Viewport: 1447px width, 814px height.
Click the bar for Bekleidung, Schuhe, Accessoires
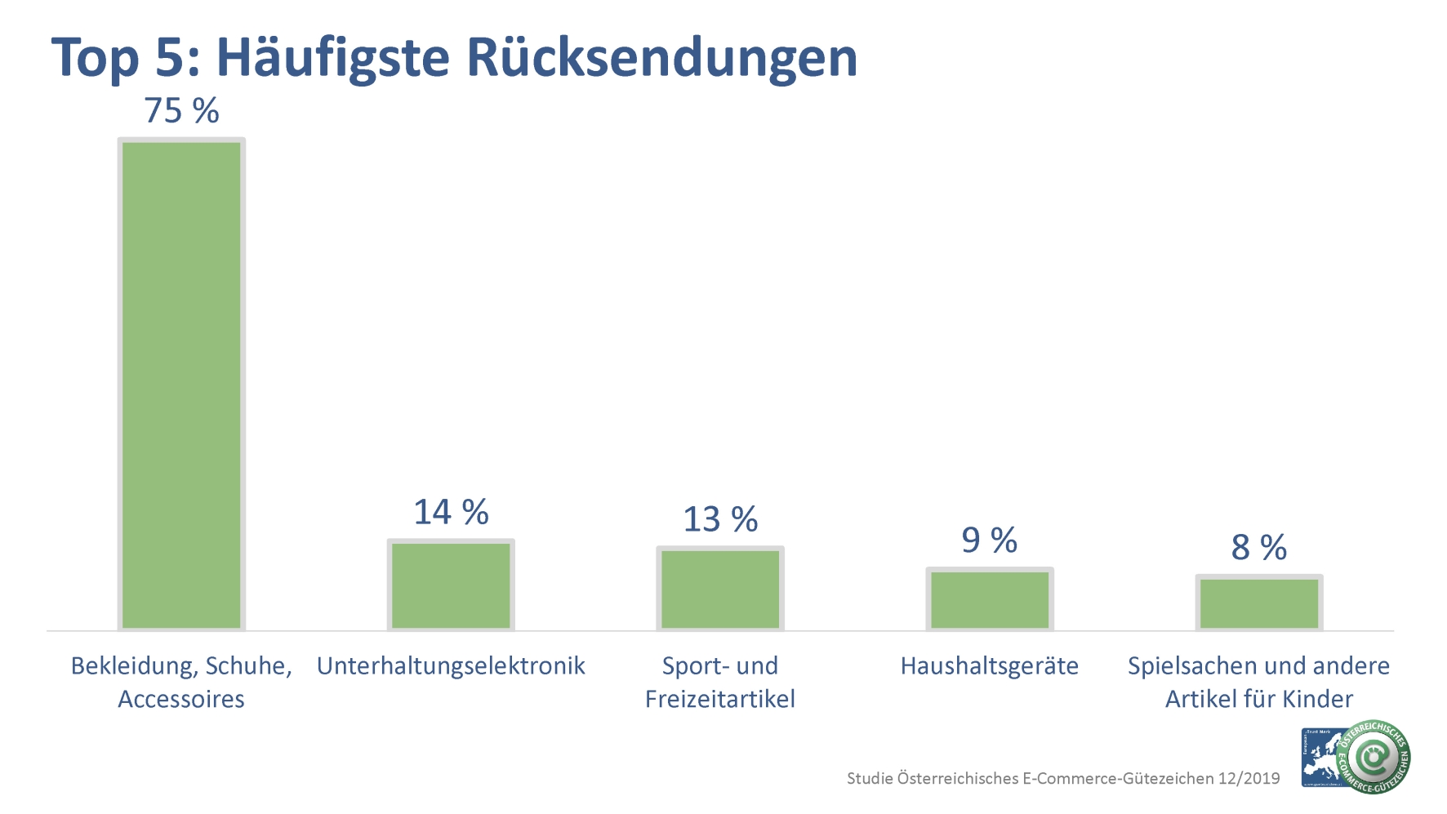point(181,384)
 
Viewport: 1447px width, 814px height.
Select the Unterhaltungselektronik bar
point(451,585)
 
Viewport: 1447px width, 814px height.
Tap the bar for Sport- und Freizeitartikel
point(720,588)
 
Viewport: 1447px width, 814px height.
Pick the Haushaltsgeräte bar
point(990,599)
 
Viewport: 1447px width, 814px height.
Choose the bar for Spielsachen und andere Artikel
point(1259,603)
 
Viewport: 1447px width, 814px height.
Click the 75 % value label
point(181,111)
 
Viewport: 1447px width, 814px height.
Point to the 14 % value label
point(451,513)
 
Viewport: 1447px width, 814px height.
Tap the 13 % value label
point(720,519)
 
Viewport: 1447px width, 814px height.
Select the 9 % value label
point(990,540)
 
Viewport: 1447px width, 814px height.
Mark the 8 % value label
point(1259,547)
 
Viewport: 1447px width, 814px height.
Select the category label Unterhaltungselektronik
point(451,666)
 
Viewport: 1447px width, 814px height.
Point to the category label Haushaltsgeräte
point(990,666)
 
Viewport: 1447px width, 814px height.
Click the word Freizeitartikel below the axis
point(720,700)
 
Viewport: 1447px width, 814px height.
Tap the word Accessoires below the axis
point(181,700)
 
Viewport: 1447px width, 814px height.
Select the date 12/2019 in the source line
point(1249,778)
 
